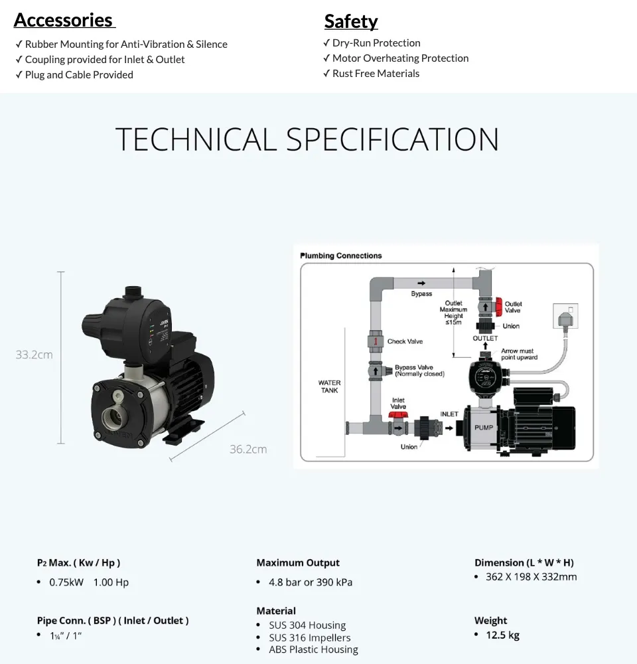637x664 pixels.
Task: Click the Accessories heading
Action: (64, 20)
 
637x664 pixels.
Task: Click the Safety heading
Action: (351, 21)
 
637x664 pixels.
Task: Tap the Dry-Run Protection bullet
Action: (376, 42)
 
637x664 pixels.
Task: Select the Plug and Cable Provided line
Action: (78, 74)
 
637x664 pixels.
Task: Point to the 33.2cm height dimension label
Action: (34, 355)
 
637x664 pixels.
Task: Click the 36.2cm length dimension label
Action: (248, 450)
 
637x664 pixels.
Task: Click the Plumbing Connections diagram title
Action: (341, 256)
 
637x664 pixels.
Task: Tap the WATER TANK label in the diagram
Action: (330, 386)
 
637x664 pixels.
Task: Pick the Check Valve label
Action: (405, 341)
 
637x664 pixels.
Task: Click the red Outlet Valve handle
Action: (498, 305)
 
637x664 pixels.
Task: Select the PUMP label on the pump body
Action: (484, 428)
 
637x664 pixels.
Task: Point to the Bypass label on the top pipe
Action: (421, 293)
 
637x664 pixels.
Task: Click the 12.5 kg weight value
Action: (502, 635)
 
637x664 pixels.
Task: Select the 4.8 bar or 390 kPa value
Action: (310, 582)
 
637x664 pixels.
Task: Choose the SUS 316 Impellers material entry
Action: (309, 637)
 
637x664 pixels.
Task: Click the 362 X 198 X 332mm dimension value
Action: (531, 576)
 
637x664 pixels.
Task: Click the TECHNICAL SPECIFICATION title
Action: (307, 139)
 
